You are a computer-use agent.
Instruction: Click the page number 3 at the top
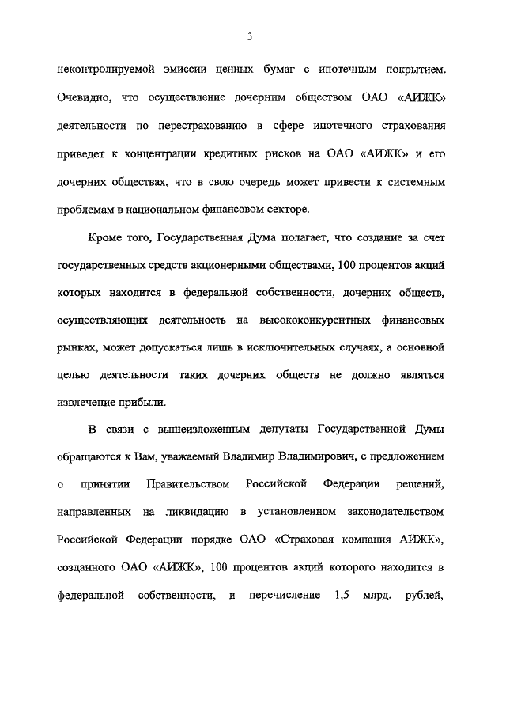coord(249,36)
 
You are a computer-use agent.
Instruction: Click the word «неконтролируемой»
coord(104,70)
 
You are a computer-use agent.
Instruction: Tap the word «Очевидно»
coord(85,97)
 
